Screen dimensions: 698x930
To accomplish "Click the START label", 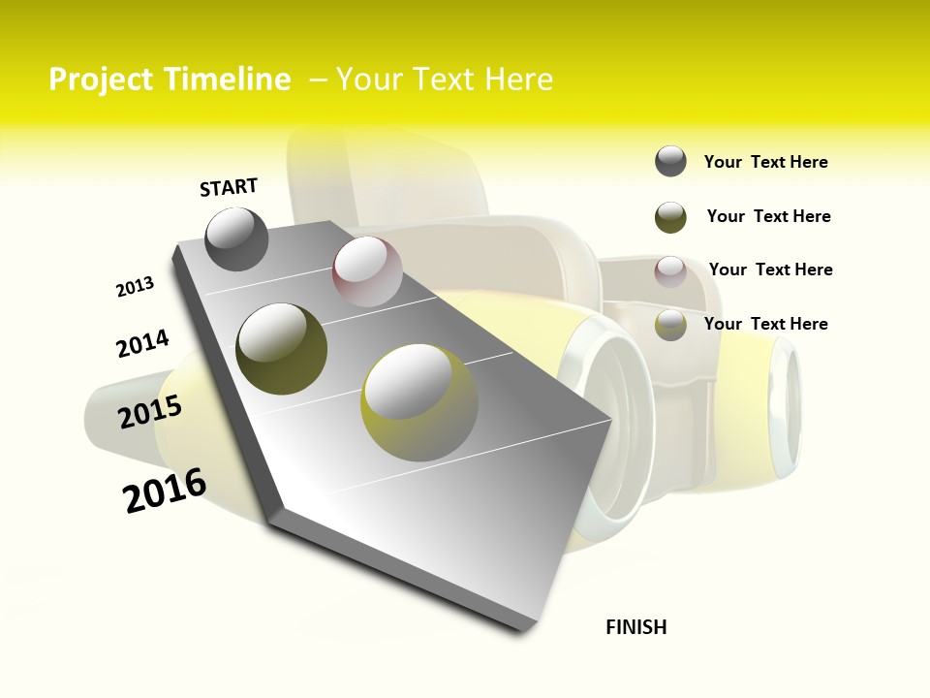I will [x=229, y=187].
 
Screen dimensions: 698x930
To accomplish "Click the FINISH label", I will [x=636, y=627].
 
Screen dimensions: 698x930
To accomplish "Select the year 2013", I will [x=136, y=287].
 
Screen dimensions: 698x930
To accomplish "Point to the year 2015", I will [x=150, y=412].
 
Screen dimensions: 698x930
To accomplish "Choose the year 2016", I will [x=165, y=491].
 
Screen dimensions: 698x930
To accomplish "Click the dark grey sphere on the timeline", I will [x=237, y=239].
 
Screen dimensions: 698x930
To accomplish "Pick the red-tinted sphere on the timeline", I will [x=367, y=271].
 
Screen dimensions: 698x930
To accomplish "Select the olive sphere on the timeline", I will [x=281, y=348].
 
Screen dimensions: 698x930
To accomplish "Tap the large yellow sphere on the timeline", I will [x=418, y=401].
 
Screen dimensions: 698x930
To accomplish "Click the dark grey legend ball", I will [x=670, y=162].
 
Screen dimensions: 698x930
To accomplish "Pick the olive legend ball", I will [x=670, y=217].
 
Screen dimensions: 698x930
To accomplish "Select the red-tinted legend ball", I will [x=670, y=271].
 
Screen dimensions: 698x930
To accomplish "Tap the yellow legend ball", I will [x=670, y=325].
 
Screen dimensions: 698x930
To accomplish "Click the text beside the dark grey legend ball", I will [x=765, y=163].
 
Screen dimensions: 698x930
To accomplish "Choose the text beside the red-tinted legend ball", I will [x=770, y=270].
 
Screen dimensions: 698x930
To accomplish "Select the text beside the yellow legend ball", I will [x=765, y=324].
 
